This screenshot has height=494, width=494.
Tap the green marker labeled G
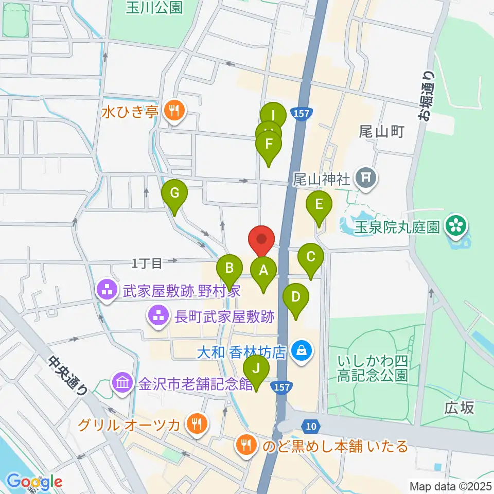pos(174,195)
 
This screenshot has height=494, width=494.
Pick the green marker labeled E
pos(319,205)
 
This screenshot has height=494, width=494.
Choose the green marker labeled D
pos(296,298)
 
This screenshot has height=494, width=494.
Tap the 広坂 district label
pos(459,408)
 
